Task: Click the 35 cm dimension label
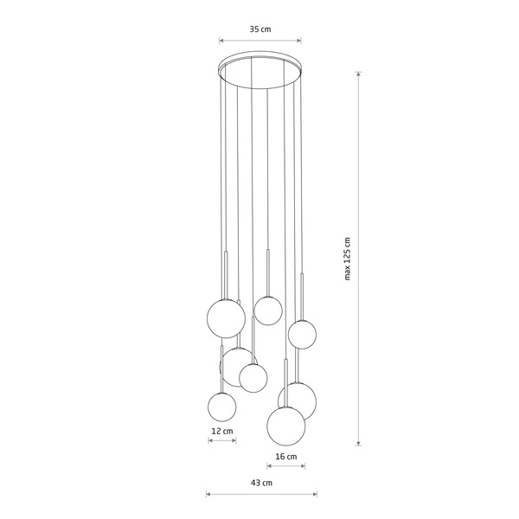pyautogui.click(x=260, y=29)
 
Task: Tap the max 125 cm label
pyautogui.click(x=347, y=259)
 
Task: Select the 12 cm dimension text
pyautogui.click(x=222, y=430)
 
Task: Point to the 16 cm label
pyautogui.click(x=286, y=456)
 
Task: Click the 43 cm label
pyautogui.click(x=261, y=483)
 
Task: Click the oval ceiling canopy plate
pyautogui.click(x=260, y=71)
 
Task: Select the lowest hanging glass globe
pyautogui.click(x=286, y=425)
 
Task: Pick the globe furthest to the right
pyautogui.click(x=302, y=333)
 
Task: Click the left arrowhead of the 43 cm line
pyautogui.click(x=208, y=495)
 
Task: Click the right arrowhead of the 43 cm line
pyautogui.click(x=315, y=495)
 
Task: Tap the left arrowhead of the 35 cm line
pyautogui.click(x=221, y=40)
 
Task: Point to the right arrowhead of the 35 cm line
pyautogui.click(x=300, y=40)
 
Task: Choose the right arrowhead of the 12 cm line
pyautogui.click(x=234, y=440)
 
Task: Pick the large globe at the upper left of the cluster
pyautogui.click(x=226, y=318)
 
